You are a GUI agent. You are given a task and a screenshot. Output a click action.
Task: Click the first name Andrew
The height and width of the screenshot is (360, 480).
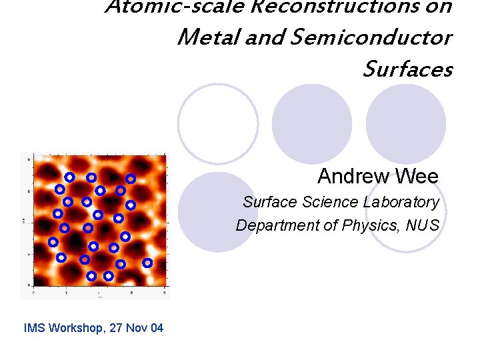click(353, 177)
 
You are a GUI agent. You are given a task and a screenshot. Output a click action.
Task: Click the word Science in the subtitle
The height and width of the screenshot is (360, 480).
click(331, 202)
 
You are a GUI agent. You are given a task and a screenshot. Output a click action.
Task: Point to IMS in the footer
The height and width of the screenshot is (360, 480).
click(33, 328)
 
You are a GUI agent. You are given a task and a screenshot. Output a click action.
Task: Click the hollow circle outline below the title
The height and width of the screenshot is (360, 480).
click(218, 123)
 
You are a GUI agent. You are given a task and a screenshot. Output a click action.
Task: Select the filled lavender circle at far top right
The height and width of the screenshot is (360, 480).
click(406, 123)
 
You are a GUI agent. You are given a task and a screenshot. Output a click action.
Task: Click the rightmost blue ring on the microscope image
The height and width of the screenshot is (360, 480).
click(147, 263)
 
